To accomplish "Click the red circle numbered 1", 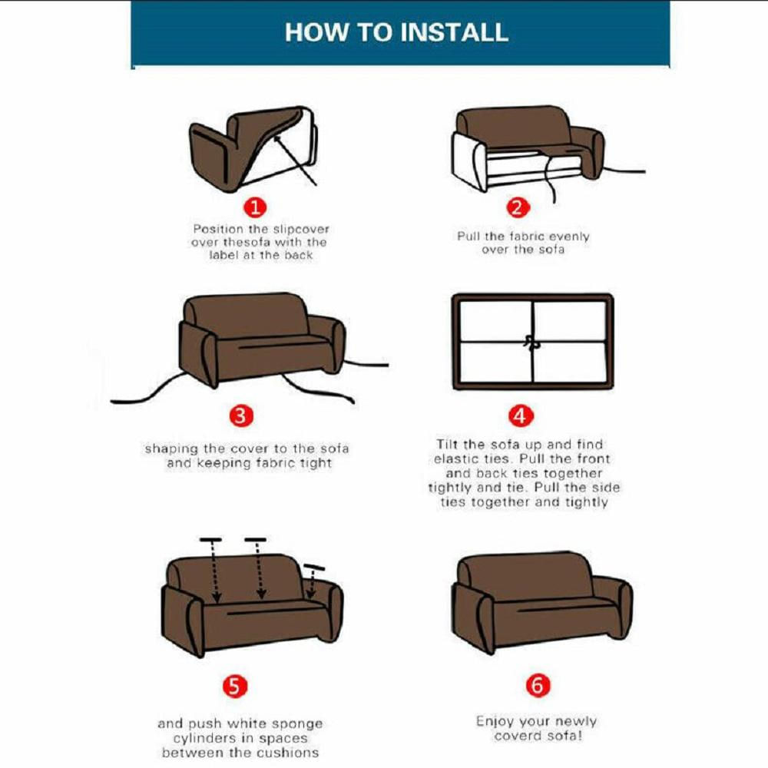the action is pyautogui.click(x=255, y=207).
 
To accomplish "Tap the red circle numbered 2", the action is pyautogui.click(x=518, y=207).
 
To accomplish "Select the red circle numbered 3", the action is pyautogui.click(x=241, y=415).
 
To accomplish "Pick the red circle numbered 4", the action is pyautogui.click(x=520, y=415).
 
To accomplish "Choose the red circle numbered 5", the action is pyautogui.click(x=235, y=686).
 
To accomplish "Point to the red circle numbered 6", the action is pyautogui.click(x=538, y=685).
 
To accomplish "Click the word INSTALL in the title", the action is pyautogui.click(x=454, y=32).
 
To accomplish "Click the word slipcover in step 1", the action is pyautogui.click(x=301, y=229).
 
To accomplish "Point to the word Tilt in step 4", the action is pyautogui.click(x=447, y=444).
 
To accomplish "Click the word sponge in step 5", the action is pyautogui.click(x=297, y=724).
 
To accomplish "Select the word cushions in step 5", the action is pyautogui.click(x=291, y=753).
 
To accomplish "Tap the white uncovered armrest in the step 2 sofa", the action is pyautogui.click(x=468, y=161).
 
